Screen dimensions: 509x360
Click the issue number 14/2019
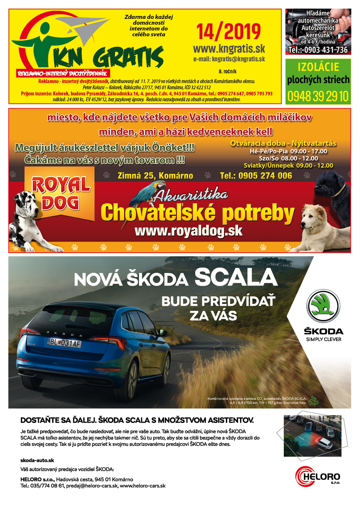click(x=229, y=32)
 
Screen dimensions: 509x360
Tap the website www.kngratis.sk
click(x=229, y=49)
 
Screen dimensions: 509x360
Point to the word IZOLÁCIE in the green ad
click(x=318, y=67)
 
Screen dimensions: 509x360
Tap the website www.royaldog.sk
click(x=188, y=231)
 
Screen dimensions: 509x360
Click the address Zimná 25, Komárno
click(x=155, y=176)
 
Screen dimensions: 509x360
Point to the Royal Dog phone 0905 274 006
click(x=256, y=176)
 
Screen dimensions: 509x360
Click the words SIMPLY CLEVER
click(x=324, y=340)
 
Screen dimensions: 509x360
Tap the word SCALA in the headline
click(x=236, y=278)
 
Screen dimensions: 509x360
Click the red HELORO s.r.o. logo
click(x=318, y=476)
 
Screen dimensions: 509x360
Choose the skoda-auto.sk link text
click(x=37, y=460)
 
